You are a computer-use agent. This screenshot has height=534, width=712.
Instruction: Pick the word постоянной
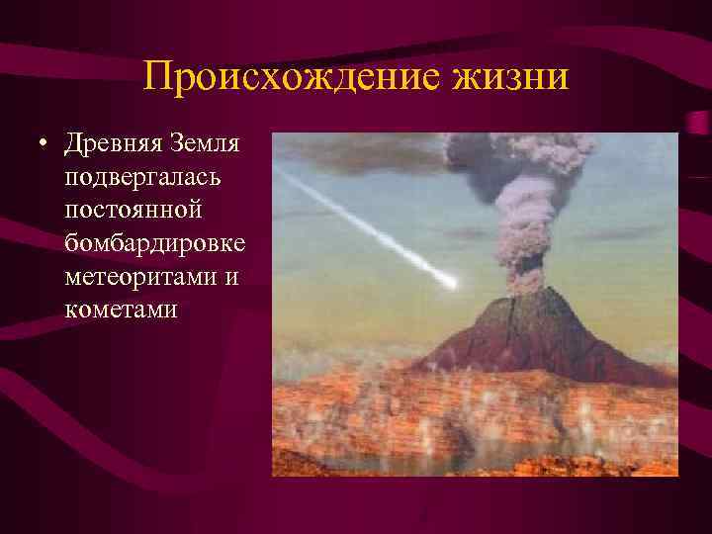point(133,212)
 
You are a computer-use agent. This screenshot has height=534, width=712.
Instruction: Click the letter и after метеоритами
point(230,277)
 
